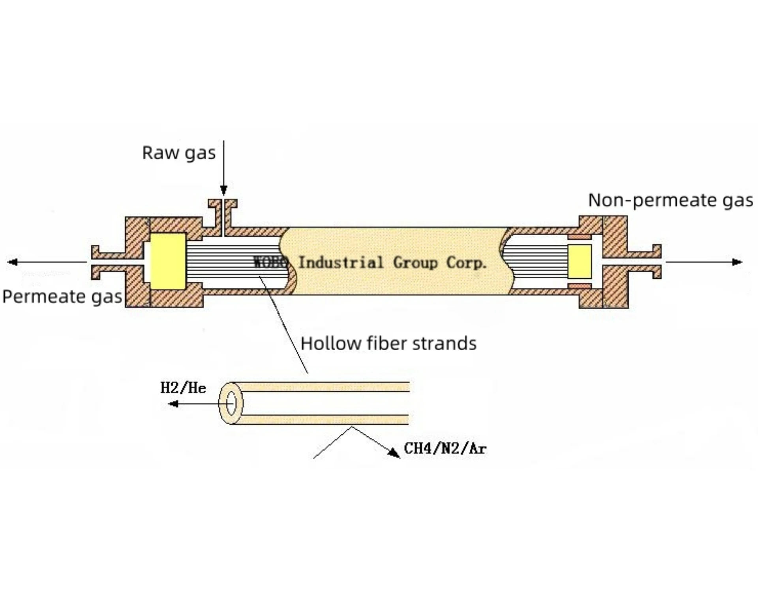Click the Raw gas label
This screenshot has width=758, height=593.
178,153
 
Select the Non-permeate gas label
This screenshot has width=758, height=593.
670,200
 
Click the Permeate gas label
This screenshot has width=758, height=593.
62,296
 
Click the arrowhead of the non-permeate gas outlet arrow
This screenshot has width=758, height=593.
737,262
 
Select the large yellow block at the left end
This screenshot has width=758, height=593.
168,261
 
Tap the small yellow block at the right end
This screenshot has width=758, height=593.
579,261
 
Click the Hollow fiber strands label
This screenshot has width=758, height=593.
388,343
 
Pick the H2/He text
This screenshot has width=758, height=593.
183,388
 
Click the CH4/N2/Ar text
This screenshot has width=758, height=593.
445,448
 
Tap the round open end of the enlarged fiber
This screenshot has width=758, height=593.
231,403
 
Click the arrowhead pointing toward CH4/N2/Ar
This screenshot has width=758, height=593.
394,453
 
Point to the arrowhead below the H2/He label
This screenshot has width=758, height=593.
173,404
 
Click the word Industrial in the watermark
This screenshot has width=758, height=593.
340,263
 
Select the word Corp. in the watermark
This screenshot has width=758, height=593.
466,263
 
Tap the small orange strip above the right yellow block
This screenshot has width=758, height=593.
579,237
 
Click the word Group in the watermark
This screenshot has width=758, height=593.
415,263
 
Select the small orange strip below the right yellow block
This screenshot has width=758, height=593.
579,286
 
